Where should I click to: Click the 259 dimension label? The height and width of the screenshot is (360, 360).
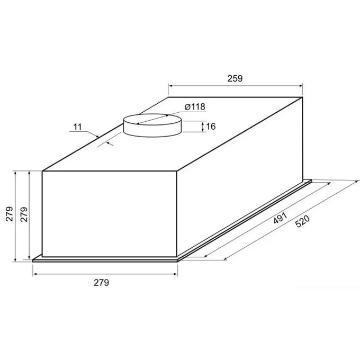[235, 78]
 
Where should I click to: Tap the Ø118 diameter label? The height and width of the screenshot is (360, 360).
[195, 107]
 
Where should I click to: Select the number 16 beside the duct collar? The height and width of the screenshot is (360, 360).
[211, 127]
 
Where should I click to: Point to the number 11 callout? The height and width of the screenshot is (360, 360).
[78, 127]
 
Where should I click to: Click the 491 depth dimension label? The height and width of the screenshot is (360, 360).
[280, 218]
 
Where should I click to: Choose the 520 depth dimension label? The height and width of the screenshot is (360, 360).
[302, 221]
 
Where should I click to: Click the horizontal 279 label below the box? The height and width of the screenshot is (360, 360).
[101, 283]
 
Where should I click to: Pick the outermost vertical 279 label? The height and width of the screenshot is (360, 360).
[10, 214]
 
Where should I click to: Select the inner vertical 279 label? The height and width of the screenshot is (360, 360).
[24, 214]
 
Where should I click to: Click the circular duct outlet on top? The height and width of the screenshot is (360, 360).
[152, 125]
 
